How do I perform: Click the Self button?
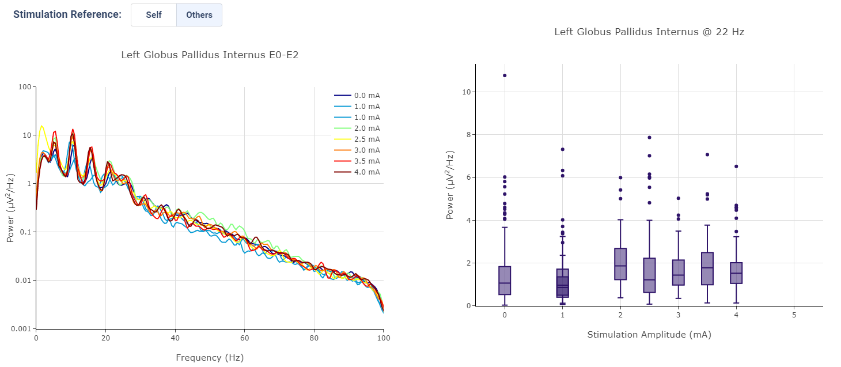pyautogui.click(x=154, y=15)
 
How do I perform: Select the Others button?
pyautogui.click(x=199, y=15)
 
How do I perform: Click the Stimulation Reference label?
pyautogui.click(x=67, y=14)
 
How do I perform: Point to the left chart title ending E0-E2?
pyautogui.click(x=210, y=55)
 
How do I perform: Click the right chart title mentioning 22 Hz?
pyautogui.click(x=649, y=32)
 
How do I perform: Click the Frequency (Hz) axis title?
pyautogui.click(x=210, y=358)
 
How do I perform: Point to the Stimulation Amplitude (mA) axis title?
pyautogui.click(x=649, y=335)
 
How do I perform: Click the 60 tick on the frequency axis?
pyautogui.click(x=244, y=338)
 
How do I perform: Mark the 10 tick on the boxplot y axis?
pyautogui.click(x=465, y=92)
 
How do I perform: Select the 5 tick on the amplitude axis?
pyautogui.click(x=794, y=315)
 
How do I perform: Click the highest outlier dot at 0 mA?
pyautogui.click(x=505, y=75)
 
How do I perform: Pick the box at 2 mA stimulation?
pyautogui.click(x=620, y=264)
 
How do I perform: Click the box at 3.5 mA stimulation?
pyautogui.click(x=707, y=268)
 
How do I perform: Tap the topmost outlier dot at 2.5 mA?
pyautogui.click(x=649, y=138)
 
